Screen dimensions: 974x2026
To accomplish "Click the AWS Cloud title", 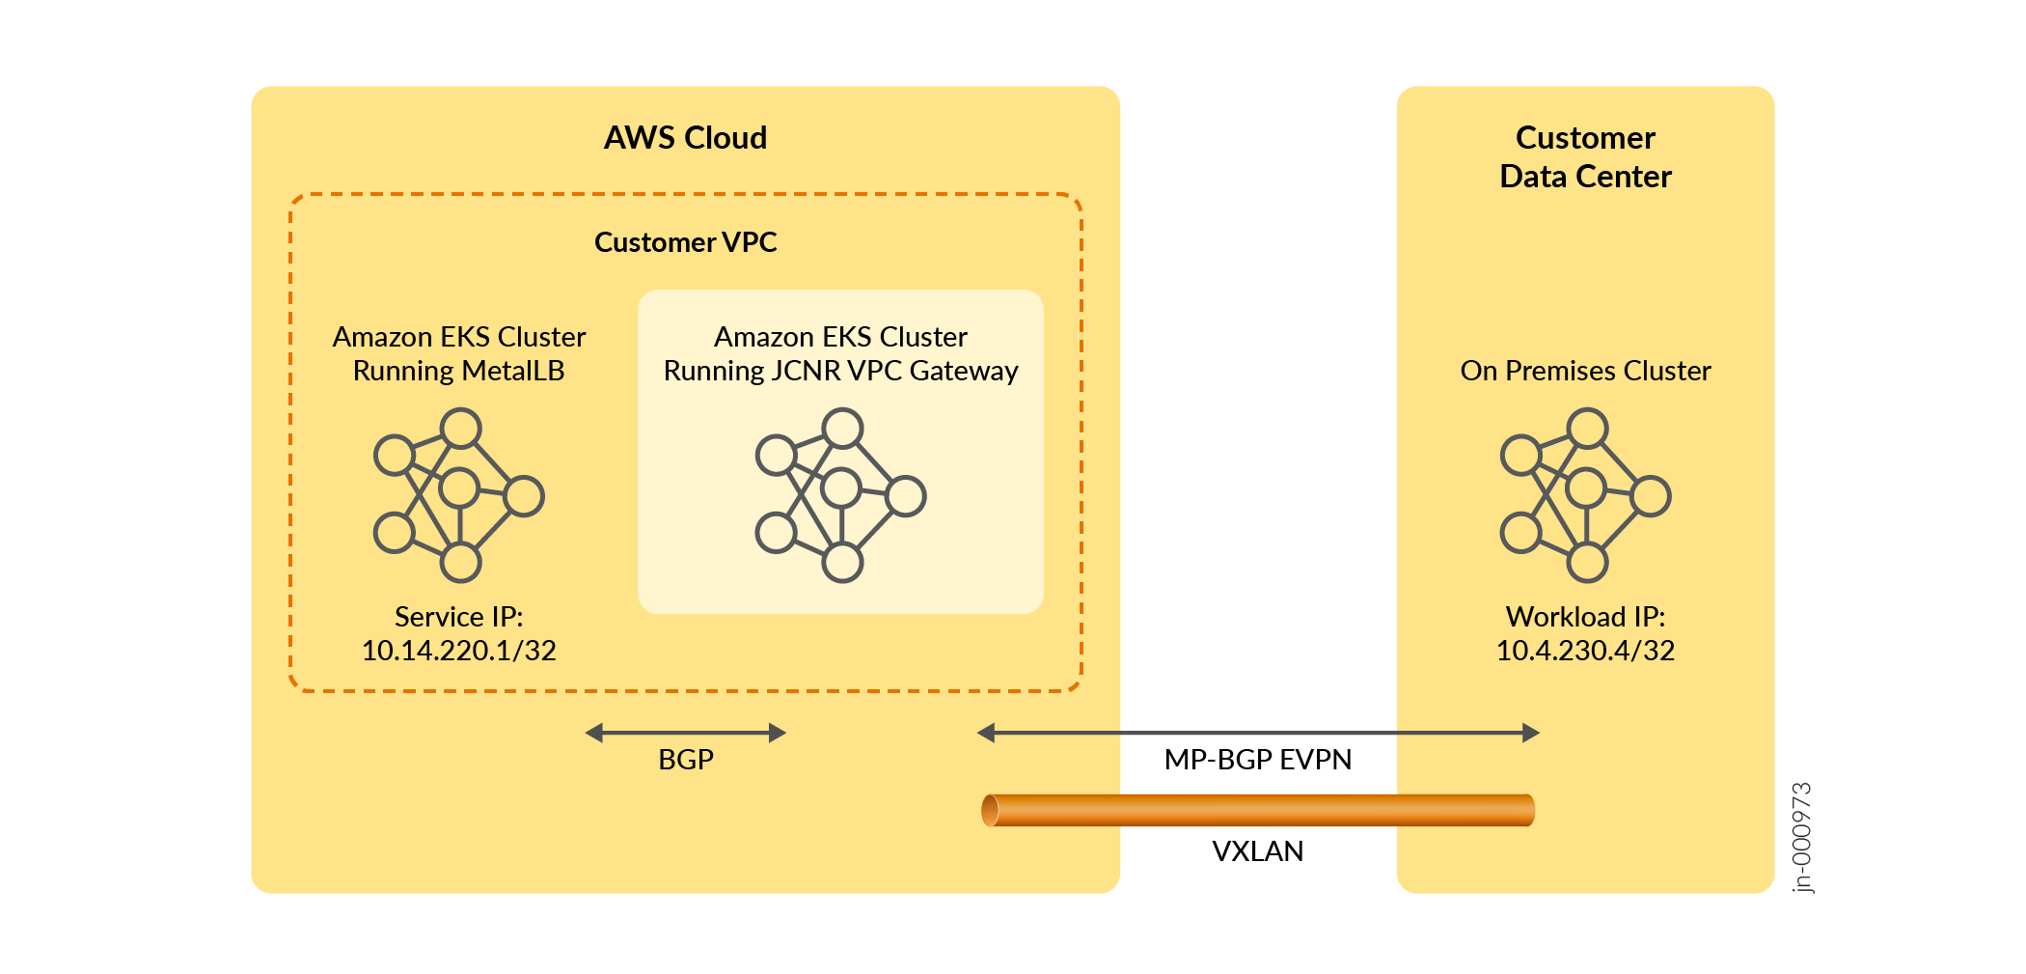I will coord(685,138).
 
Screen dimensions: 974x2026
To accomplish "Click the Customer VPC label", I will coord(685,242).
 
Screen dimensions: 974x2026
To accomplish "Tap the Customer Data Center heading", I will coord(1585,157).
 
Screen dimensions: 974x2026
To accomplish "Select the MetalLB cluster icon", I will coord(458,495).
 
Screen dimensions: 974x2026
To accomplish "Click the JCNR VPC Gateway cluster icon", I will coord(840,495).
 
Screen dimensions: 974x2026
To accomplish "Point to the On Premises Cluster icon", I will coord(1585,495).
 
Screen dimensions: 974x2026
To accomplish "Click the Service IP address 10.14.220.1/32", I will coord(458,651).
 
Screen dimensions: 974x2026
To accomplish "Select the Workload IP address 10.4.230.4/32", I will coord(1585,651).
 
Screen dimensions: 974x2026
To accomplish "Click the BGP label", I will coord(685,760).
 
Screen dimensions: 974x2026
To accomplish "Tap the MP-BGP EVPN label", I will coord(1257,760).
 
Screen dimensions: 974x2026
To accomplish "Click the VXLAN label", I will coord(1257,851).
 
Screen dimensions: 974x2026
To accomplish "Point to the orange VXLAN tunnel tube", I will coord(1257,810).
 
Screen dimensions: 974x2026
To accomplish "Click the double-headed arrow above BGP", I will coord(685,734).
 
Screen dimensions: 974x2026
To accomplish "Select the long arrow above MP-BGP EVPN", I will coord(1257,734).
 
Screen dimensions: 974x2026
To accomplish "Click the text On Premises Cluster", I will coord(1585,371).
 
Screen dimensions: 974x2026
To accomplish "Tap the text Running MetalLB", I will coord(458,371).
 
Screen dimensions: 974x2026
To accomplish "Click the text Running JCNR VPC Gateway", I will coord(840,371).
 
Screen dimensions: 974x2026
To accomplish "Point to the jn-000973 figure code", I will coord(1801,837).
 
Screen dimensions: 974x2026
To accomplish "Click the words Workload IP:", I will coord(1585,617).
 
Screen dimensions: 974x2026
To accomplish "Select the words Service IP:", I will coord(458,617).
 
